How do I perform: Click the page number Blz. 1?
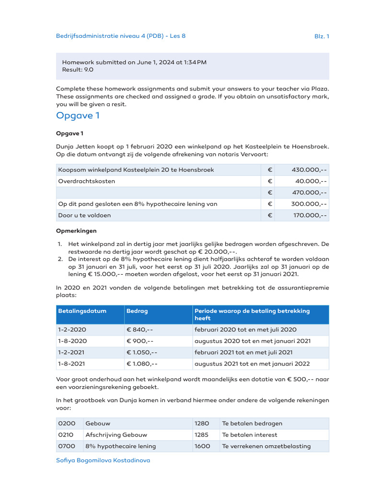click(x=321, y=36)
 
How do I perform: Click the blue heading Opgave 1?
click(x=78, y=115)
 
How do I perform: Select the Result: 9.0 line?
click(x=78, y=69)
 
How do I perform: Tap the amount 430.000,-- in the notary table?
click(x=310, y=170)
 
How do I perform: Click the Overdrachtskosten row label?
click(x=87, y=181)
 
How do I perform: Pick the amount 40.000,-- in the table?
click(x=311, y=181)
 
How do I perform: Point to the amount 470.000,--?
click(x=310, y=192)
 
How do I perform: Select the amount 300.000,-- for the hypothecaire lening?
click(x=310, y=204)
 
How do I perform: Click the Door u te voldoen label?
click(x=84, y=215)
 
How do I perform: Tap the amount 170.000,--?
click(x=310, y=215)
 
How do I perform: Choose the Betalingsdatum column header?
click(x=82, y=311)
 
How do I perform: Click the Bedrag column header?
click(x=137, y=311)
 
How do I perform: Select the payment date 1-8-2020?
click(x=72, y=341)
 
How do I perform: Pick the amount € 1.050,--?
click(x=141, y=353)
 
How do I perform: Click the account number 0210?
click(x=66, y=435)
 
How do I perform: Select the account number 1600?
click(x=202, y=446)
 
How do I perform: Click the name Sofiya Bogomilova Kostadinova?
click(x=103, y=460)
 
